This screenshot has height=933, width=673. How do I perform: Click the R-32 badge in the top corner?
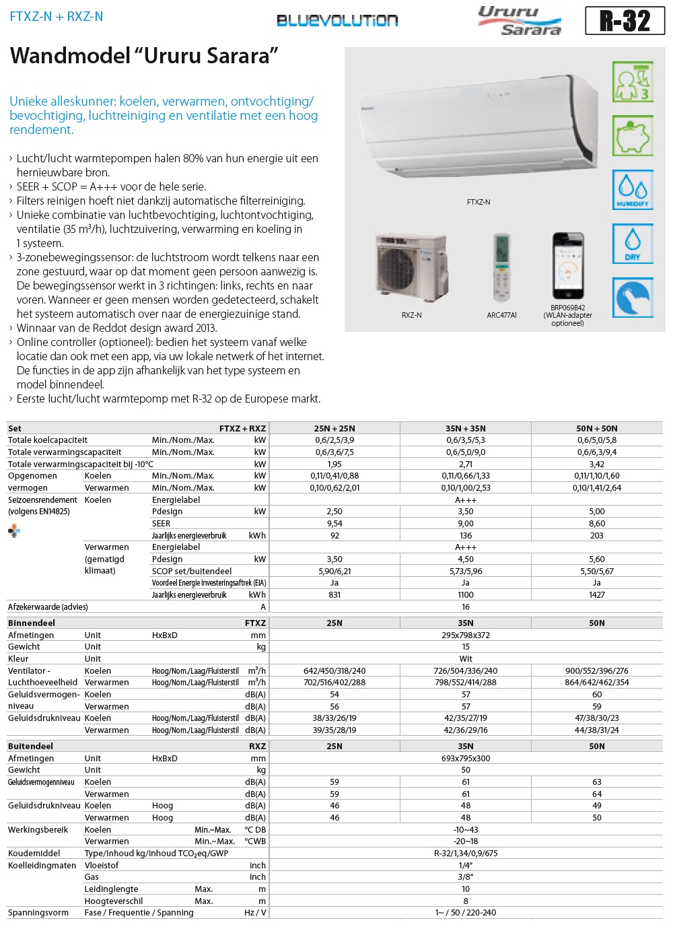625,21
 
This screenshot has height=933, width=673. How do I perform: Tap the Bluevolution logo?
337,21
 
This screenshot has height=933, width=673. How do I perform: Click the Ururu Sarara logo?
520,21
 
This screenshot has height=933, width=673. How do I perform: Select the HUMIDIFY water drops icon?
633,189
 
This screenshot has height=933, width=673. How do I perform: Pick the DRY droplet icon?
633,243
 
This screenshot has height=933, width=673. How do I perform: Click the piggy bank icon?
633,135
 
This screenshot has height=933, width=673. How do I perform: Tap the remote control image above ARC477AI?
501,268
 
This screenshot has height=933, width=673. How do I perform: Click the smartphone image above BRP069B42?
568,266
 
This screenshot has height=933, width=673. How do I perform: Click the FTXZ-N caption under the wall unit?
479,202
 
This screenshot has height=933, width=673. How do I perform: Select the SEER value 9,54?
334,524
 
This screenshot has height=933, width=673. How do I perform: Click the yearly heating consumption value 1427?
597,595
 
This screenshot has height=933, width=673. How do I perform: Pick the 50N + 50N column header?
597,429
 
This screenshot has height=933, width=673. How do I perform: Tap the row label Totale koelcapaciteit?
48,440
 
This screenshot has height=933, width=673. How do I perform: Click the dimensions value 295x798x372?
466,635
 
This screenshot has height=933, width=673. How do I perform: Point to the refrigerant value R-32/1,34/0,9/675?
466,854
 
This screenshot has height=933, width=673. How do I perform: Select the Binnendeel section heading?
32,623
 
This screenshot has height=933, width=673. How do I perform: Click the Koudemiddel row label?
34,854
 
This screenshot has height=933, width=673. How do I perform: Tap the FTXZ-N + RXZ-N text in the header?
57,17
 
